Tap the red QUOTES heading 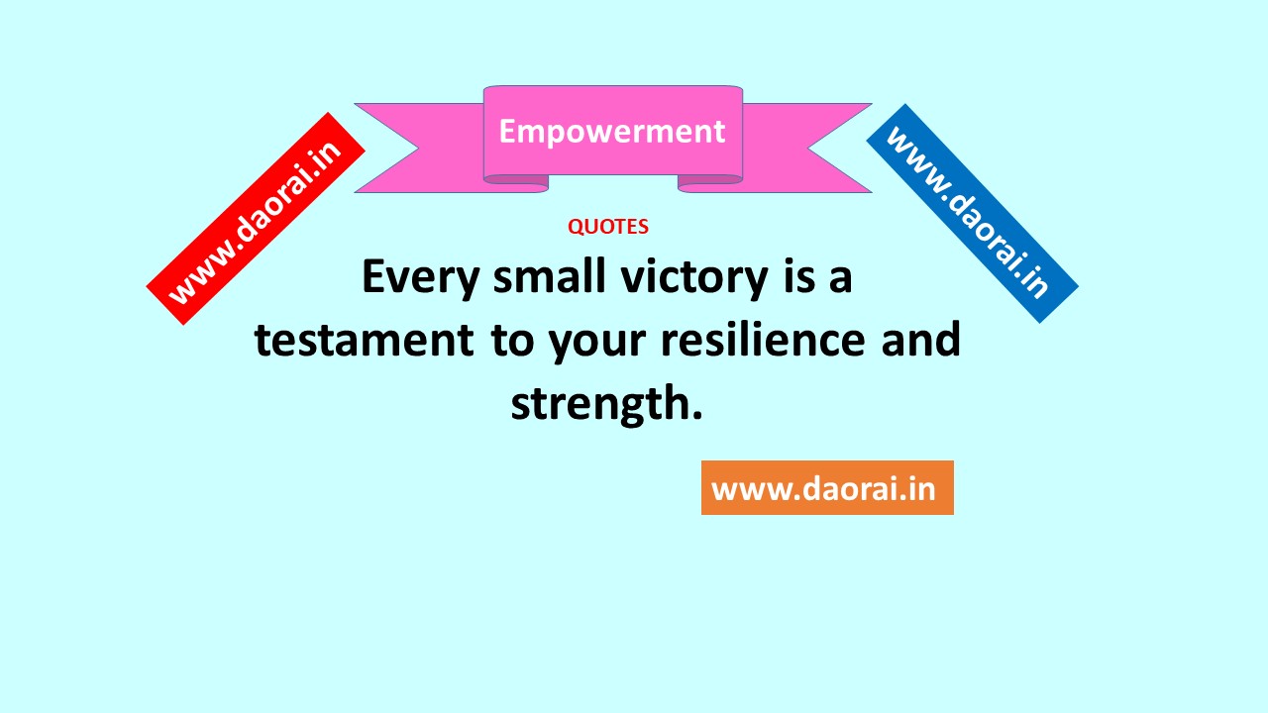pyautogui.click(x=608, y=227)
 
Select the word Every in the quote pyautogui.click(x=421, y=278)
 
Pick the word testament pyautogui.click(x=365, y=341)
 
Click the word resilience pyautogui.click(x=763, y=339)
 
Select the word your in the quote pyautogui.click(x=597, y=344)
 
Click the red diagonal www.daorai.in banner pyautogui.click(x=256, y=219)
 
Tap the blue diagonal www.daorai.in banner pyautogui.click(x=973, y=213)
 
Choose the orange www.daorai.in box pyautogui.click(x=827, y=488)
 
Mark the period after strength pyautogui.click(x=696, y=417)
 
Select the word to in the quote pyautogui.click(x=512, y=341)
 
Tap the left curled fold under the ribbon pyautogui.click(x=516, y=183)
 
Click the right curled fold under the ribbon pyautogui.click(x=710, y=183)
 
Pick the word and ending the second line pyautogui.click(x=921, y=339)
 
